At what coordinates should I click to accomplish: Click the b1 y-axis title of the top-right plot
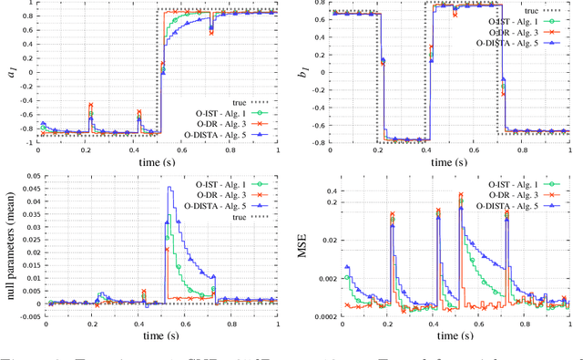coord(315,75)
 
